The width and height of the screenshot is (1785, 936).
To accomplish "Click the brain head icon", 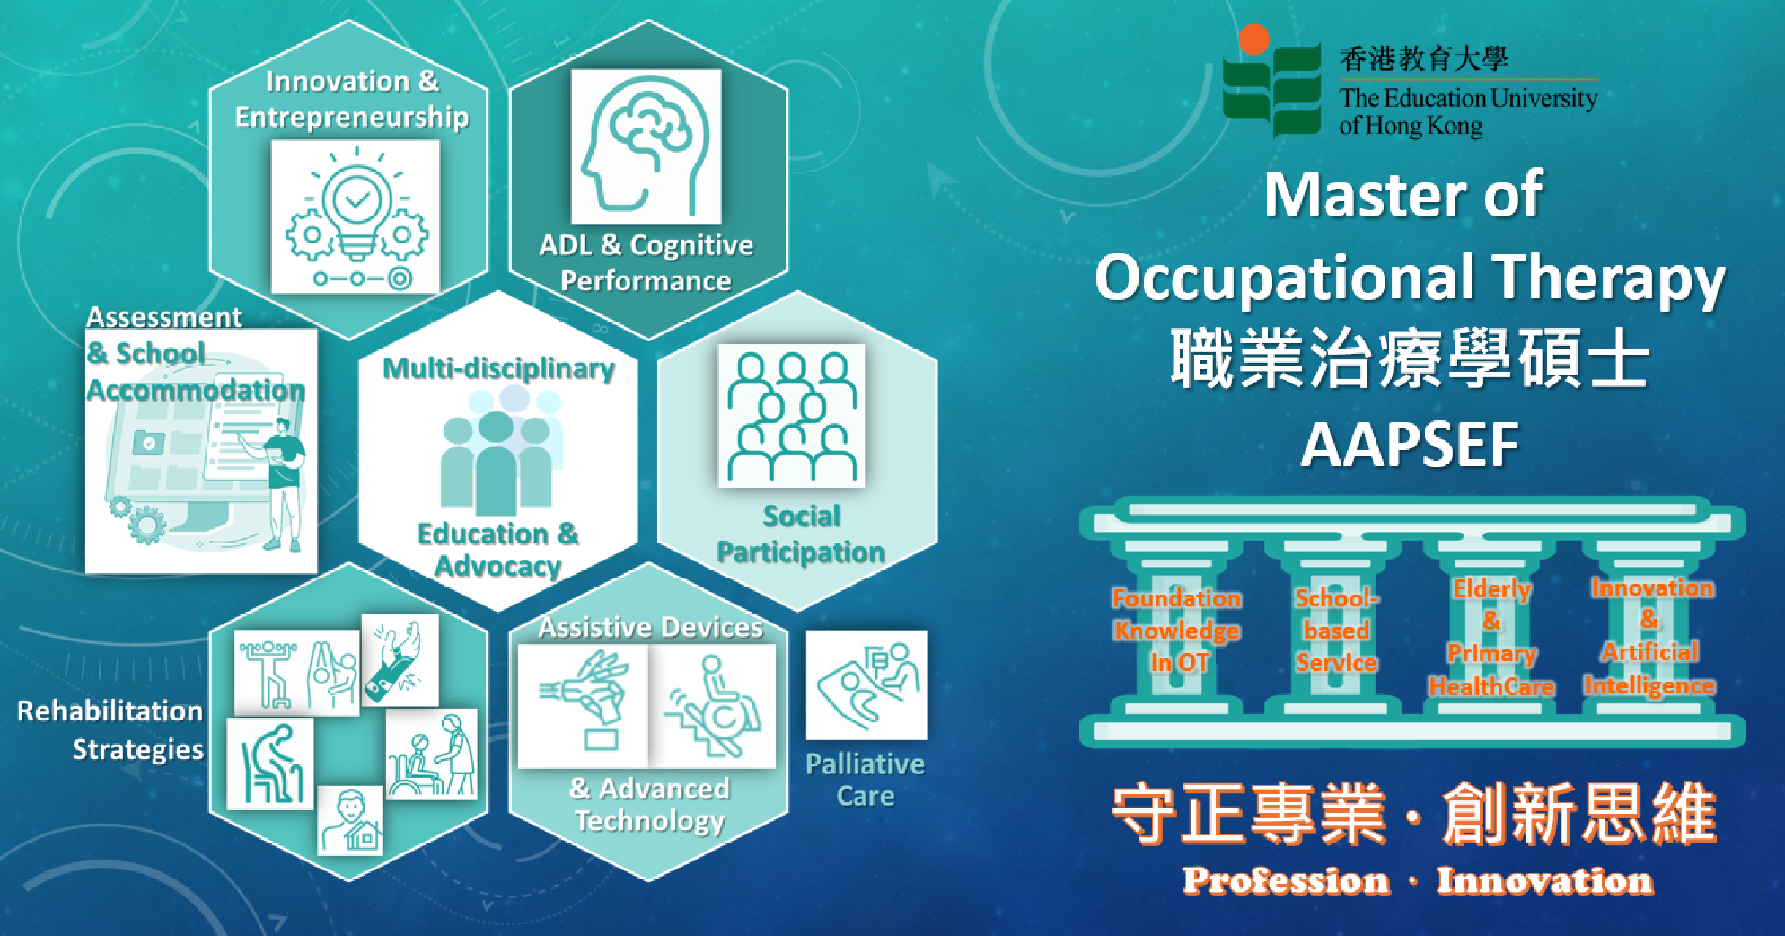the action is pos(646,146).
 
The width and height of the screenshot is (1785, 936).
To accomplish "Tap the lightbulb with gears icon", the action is pos(356,216).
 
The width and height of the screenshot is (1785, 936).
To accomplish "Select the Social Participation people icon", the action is pos(791,415).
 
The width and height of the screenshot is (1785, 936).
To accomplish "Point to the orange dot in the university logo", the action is pos(1253,40).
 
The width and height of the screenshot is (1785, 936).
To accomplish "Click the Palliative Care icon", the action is pos(866,685).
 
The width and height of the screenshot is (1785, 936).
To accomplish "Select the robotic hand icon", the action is pos(584,706).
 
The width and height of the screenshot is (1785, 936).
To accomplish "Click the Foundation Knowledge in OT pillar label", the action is pos(1177,631).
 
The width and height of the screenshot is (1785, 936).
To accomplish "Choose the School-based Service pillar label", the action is pos(1336,631).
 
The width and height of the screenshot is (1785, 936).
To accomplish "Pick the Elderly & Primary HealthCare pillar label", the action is pos(1491,638).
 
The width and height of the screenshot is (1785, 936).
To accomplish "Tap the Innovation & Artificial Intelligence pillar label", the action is pos(1649,636).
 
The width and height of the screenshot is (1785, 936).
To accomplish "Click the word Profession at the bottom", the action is pos(1286,881).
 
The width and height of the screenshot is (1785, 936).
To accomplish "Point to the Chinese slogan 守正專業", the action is pos(1249,814).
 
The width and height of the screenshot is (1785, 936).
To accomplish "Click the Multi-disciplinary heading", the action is pos(499,368).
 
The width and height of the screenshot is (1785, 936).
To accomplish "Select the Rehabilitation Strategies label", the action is pos(111,729).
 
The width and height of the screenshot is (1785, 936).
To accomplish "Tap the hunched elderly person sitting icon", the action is pos(270,764).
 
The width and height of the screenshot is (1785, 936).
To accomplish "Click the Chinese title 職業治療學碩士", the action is pos(1410,358).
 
